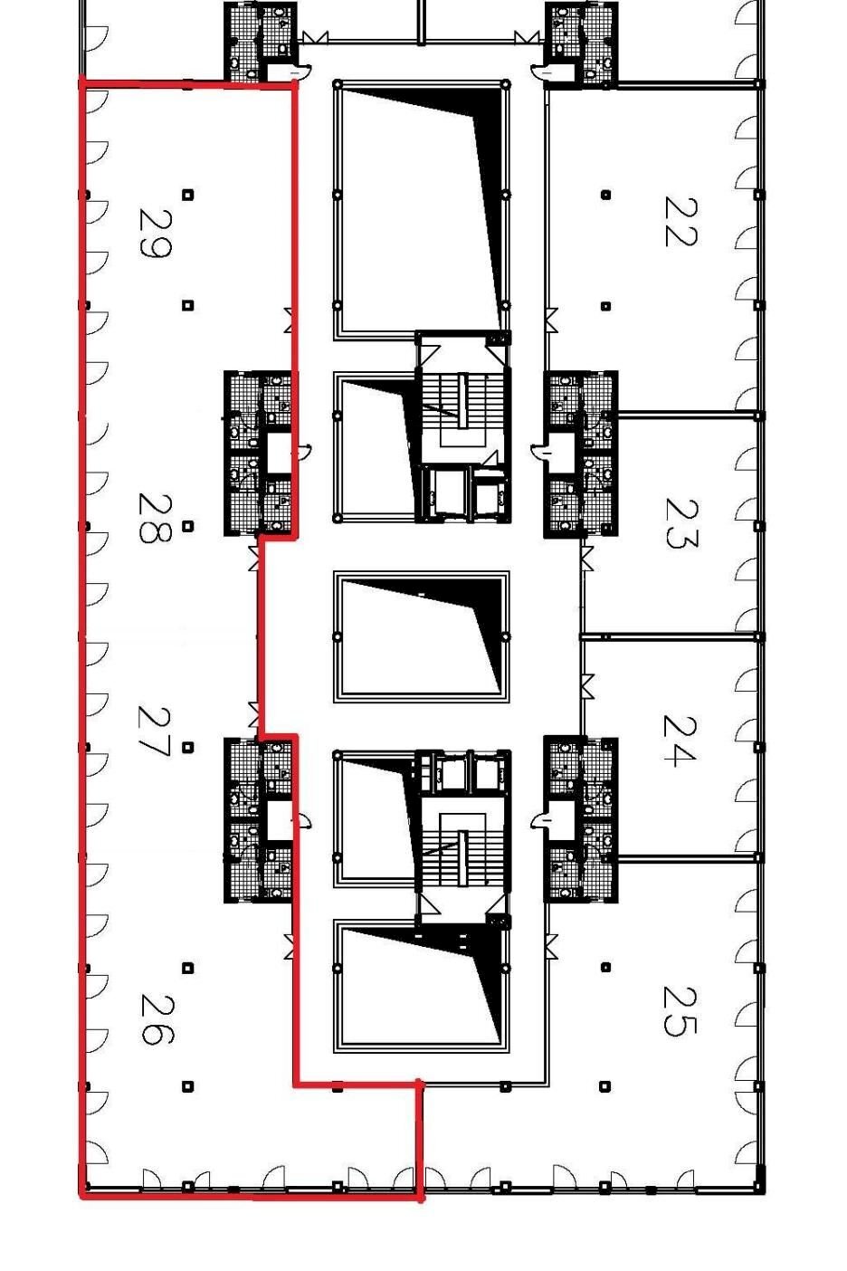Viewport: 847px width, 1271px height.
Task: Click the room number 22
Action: [680, 221]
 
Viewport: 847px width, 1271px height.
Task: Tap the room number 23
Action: [680, 524]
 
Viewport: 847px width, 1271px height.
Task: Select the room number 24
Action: [680, 741]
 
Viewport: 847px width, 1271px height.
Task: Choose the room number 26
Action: [156, 1019]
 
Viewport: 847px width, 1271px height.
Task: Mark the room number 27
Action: [155, 732]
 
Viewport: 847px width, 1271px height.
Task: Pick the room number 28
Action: [155, 518]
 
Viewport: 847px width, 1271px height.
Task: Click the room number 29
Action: [155, 234]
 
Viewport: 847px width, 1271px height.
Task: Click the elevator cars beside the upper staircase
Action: [463, 492]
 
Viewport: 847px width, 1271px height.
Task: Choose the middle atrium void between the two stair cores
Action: [421, 636]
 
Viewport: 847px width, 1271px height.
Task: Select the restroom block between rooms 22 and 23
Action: [580, 454]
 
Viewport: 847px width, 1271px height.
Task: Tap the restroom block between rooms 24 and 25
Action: [580, 818]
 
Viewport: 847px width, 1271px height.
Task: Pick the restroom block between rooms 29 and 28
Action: [258, 454]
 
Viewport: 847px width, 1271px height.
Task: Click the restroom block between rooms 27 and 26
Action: [258, 818]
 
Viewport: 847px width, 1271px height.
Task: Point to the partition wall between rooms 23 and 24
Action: [671, 636]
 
